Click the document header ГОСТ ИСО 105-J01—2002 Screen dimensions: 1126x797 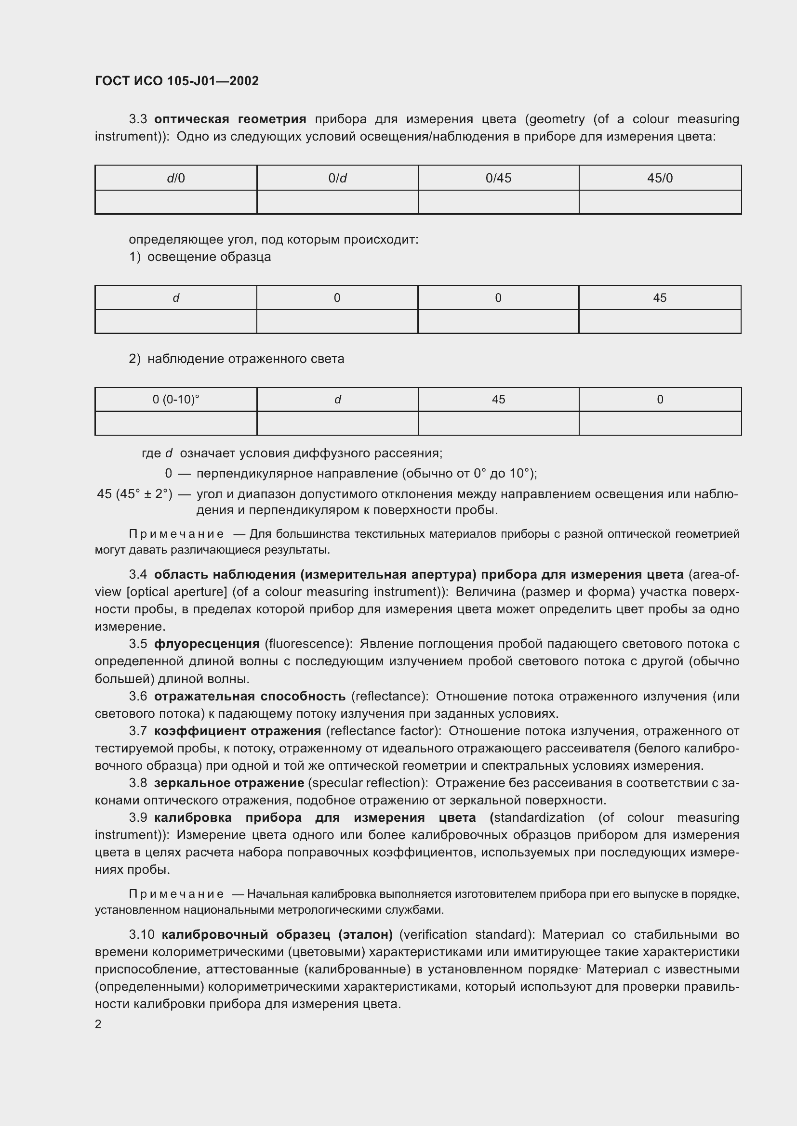[x=177, y=81]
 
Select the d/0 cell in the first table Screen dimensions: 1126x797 [x=176, y=178]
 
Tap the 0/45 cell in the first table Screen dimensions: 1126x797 [x=498, y=178]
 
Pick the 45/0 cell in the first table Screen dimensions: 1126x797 [x=660, y=178]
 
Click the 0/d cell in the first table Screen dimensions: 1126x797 [x=337, y=178]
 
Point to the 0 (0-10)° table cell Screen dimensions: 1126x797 [x=176, y=400]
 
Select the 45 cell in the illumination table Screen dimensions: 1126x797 [x=660, y=298]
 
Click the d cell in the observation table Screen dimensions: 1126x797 [x=337, y=400]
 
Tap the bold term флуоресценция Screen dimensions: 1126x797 [x=207, y=644]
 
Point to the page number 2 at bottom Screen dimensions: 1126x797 [x=98, y=1024]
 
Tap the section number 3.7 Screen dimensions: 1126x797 [x=138, y=731]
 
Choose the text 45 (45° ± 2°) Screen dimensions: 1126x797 [x=134, y=494]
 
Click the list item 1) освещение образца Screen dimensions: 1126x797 [x=200, y=257]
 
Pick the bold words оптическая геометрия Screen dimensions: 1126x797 [x=230, y=119]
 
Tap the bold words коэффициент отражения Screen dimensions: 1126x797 [x=238, y=731]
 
